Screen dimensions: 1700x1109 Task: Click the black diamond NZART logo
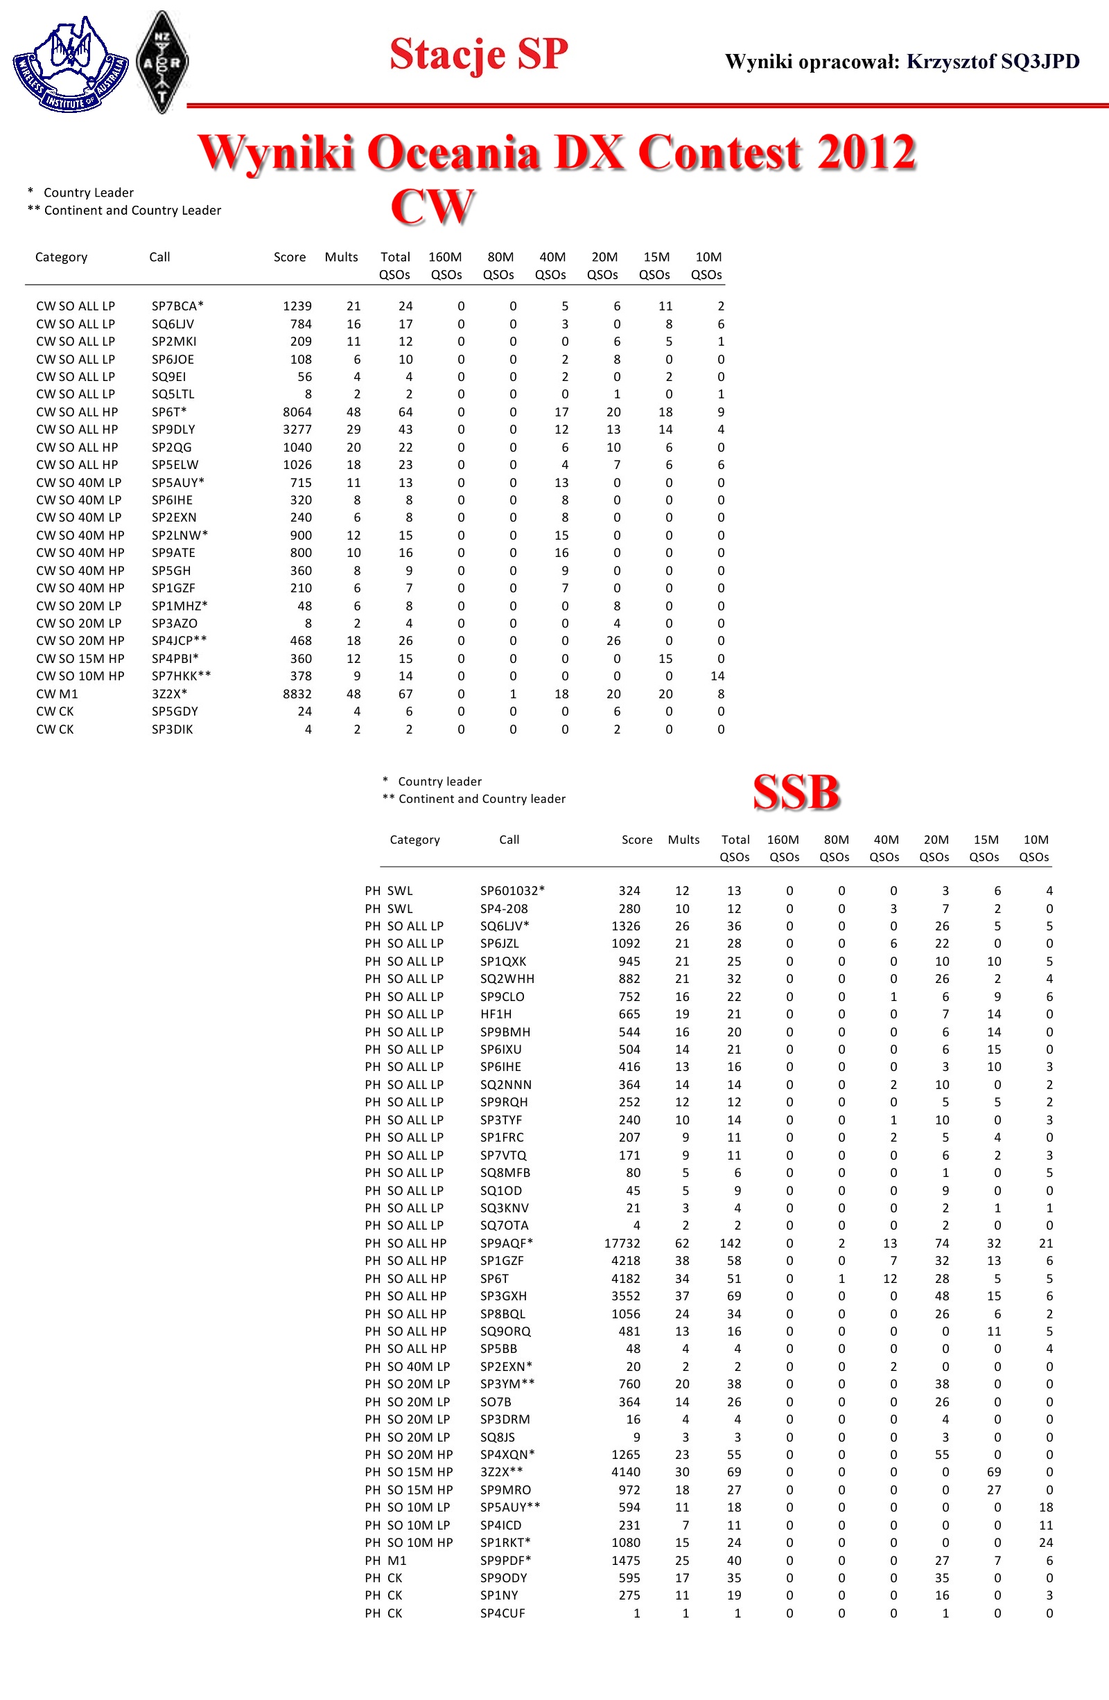[162, 62]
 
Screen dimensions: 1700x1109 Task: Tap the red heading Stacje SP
[478, 54]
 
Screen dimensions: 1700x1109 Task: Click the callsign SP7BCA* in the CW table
[177, 306]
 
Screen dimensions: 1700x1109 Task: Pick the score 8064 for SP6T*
[297, 412]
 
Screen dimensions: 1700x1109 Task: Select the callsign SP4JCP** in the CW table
[179, 641]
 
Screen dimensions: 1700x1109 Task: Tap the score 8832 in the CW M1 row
[297, 693]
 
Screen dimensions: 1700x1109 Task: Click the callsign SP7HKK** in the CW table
[181, 675]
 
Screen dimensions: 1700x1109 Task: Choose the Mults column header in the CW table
[341, 257]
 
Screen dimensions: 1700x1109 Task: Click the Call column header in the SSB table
[509, 840]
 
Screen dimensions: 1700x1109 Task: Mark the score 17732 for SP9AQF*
[622, 1243]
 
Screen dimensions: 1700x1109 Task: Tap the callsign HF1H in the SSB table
[495, 1014]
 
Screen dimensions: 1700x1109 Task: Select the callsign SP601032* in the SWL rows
[512, 891]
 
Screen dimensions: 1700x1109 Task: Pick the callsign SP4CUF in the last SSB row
[503, 1613]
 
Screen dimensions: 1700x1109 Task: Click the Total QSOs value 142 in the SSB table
[730, 1243]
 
